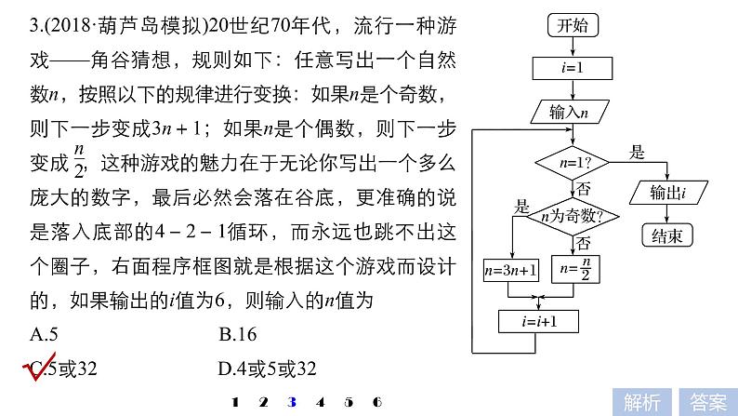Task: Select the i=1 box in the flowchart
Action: [569, 68]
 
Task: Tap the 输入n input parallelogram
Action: [569, 112]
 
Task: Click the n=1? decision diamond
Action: [570, 162]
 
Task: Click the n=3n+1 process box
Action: [510, 271]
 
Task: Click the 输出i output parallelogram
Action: [666, 193]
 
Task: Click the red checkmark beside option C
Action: [35, 369]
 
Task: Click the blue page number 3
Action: [292, 402]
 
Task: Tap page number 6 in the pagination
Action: [376, 402]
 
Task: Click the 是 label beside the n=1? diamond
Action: [638, 151]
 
